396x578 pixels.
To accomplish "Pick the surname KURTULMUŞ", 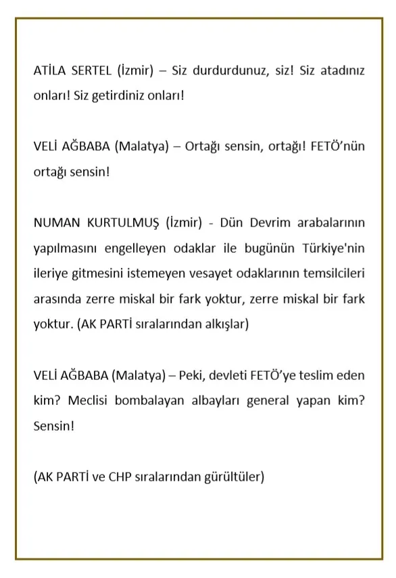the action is tap(122, 223).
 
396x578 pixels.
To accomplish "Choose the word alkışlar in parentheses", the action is tap(226, 324).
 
